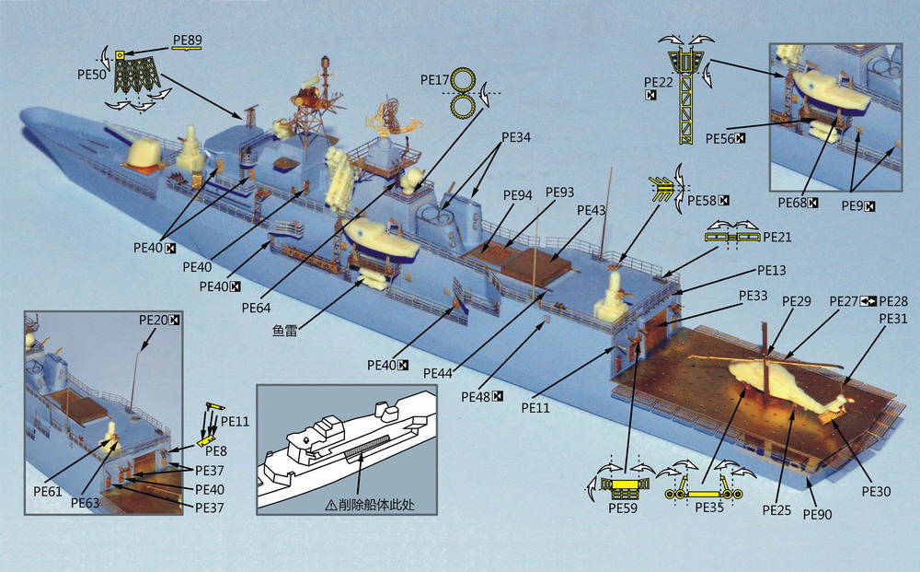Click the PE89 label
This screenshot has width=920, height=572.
tap(187, 41)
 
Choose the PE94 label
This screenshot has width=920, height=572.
tap(518, 194)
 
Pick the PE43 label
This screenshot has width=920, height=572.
tap(591, 211)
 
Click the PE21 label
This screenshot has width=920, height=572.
tap(777, 237)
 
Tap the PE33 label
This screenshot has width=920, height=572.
tap(753, 296)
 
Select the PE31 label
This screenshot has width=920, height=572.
tap(892, 318)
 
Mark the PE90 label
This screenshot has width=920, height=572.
tap(817, 514)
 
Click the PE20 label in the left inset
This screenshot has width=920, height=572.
tap(154, 320)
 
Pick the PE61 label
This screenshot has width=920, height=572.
tap(46, 492)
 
